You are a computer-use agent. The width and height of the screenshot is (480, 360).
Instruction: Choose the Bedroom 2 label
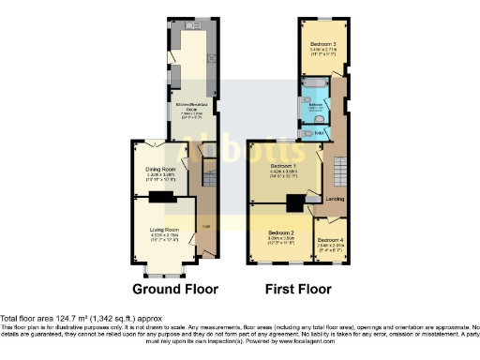[x=281, y=233]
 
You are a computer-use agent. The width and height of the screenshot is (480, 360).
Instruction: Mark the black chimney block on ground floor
[x=162, y=196]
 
